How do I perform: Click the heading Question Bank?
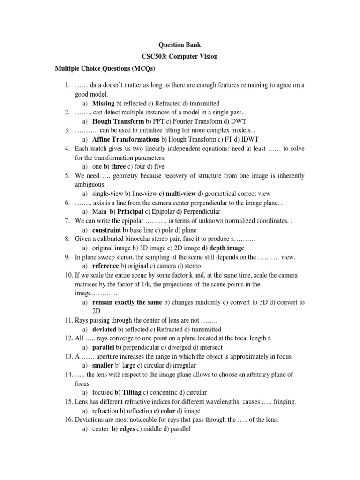point(180,45)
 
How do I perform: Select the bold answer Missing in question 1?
point(103,103)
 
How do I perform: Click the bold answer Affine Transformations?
point(126,139)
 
